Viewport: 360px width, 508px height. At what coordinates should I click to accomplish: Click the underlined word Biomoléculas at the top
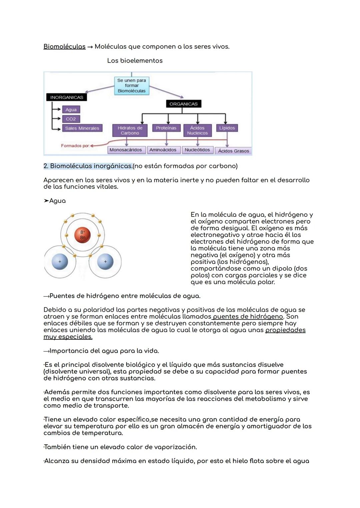click(x=64, y=47)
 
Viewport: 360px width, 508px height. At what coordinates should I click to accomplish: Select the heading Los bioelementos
click(x=135, y=61)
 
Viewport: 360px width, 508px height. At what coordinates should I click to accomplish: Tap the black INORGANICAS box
click(x=67, y=97)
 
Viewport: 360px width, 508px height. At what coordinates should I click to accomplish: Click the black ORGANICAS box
click(x=183, y=104)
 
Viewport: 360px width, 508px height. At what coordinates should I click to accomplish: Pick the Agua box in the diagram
click(x=71, y=110)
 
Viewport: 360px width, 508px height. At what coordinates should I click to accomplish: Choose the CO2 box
click(x=71, y=119)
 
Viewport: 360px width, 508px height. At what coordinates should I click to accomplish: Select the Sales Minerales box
click(x=82, y=128)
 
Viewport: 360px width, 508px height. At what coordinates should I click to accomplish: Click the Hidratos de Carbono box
click(x=130, y=131)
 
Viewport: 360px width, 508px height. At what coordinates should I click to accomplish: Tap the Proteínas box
click(x=166, y=128)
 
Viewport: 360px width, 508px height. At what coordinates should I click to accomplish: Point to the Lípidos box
click(x=227, y=128)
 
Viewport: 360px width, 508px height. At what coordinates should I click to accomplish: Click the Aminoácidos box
click(x=163, y=150)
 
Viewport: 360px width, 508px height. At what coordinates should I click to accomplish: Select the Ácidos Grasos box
click(x=233, y=151)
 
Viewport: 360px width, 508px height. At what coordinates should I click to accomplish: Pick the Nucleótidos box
click(x=197, y=150)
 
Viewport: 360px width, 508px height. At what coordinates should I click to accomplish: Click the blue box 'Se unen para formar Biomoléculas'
click(x=132, y=86)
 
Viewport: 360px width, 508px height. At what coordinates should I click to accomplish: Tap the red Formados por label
click(x=75, y=146)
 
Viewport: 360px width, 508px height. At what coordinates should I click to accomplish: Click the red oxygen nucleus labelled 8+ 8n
click(x=83, y=235)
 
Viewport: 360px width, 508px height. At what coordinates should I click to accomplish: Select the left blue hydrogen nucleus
click(x=60, y=262)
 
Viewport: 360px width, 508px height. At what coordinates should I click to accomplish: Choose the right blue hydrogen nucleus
click(x=105, y=262)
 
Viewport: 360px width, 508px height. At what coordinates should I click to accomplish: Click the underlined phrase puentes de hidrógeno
click(x=248, y=316)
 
